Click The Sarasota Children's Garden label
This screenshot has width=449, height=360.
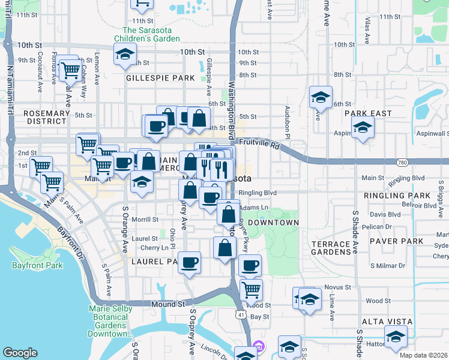pyautogui.click(x=151, y=34)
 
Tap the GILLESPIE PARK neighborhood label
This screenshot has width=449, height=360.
pyautogui.click(x=160, y=78)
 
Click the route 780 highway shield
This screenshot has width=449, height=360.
pyautogui.click(x=403, y=163)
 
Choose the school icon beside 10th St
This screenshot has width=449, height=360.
pyautogui.click(x=125, y=55)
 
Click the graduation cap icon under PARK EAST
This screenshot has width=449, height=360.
pyautogui.click(x=363, y=127)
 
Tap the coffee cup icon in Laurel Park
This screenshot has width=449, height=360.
pyautogui.click(x=190, y=262)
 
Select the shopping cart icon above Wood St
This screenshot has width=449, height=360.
pyautogui.click(x=251, y=290)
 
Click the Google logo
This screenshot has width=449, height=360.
pyautogui.click(x=20, y=353)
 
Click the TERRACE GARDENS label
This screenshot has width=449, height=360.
pyautogui.click(x=331, y=248)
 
